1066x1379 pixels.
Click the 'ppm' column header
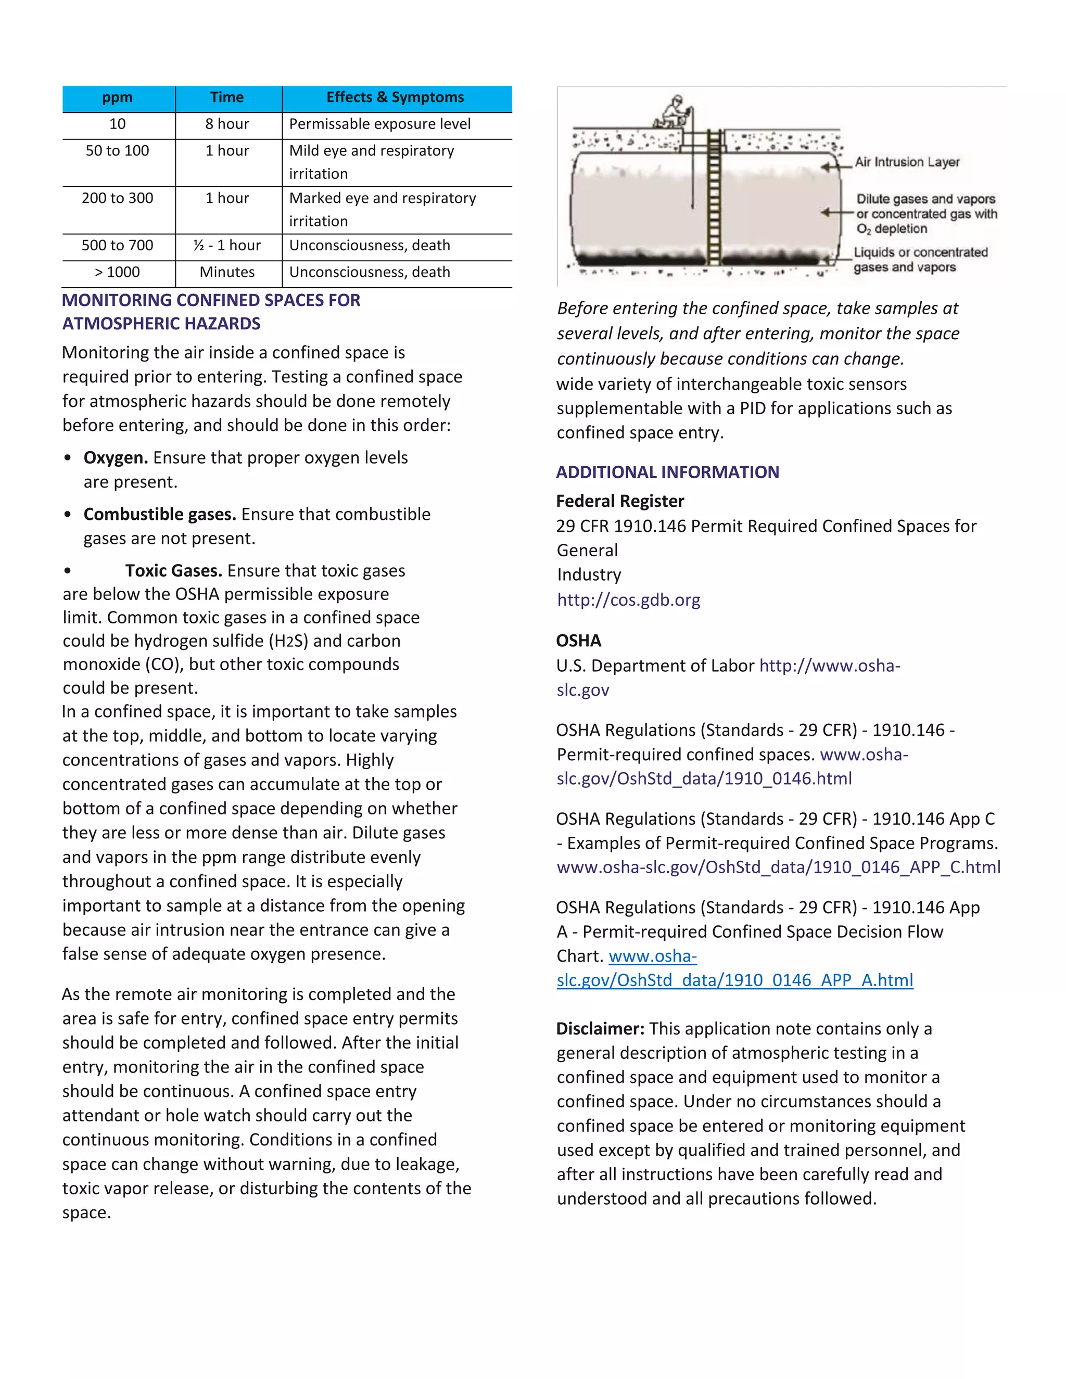click(x=118, y=98)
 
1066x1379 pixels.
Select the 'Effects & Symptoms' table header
click(x=396, y=97)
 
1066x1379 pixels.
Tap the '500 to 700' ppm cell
click(x=118, y=246)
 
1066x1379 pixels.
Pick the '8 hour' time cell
click(x=227, y=124)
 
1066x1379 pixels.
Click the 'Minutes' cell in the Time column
click(x=227, y=272)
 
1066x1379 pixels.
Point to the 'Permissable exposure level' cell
click(x=379, y=124)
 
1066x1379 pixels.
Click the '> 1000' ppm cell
click(x=118, y=272)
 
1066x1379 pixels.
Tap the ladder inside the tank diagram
click(x=714, y=196)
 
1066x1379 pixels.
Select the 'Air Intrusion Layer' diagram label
click(x=907, y=162)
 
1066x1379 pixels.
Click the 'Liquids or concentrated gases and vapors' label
click(x=920, y=260)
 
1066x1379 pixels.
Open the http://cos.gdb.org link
click(x=628, y=600)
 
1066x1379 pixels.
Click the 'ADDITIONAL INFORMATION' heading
click(x=667, y=473)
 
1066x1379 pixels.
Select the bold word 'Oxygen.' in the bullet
click(x=116, y=458)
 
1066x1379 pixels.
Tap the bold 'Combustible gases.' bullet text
click(x=160, y=515)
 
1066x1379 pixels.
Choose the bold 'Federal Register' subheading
click(x=620, y=501)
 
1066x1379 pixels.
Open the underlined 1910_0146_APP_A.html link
click(x=734, y=980)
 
